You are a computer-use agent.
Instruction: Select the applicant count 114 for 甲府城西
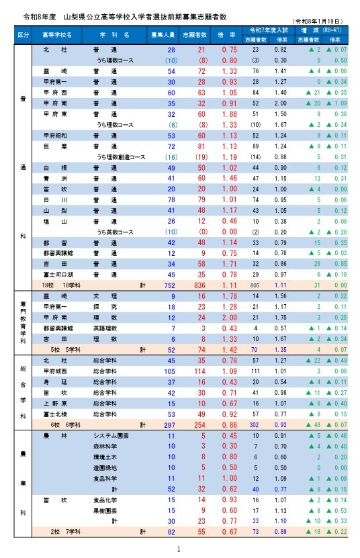pos(199,371)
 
